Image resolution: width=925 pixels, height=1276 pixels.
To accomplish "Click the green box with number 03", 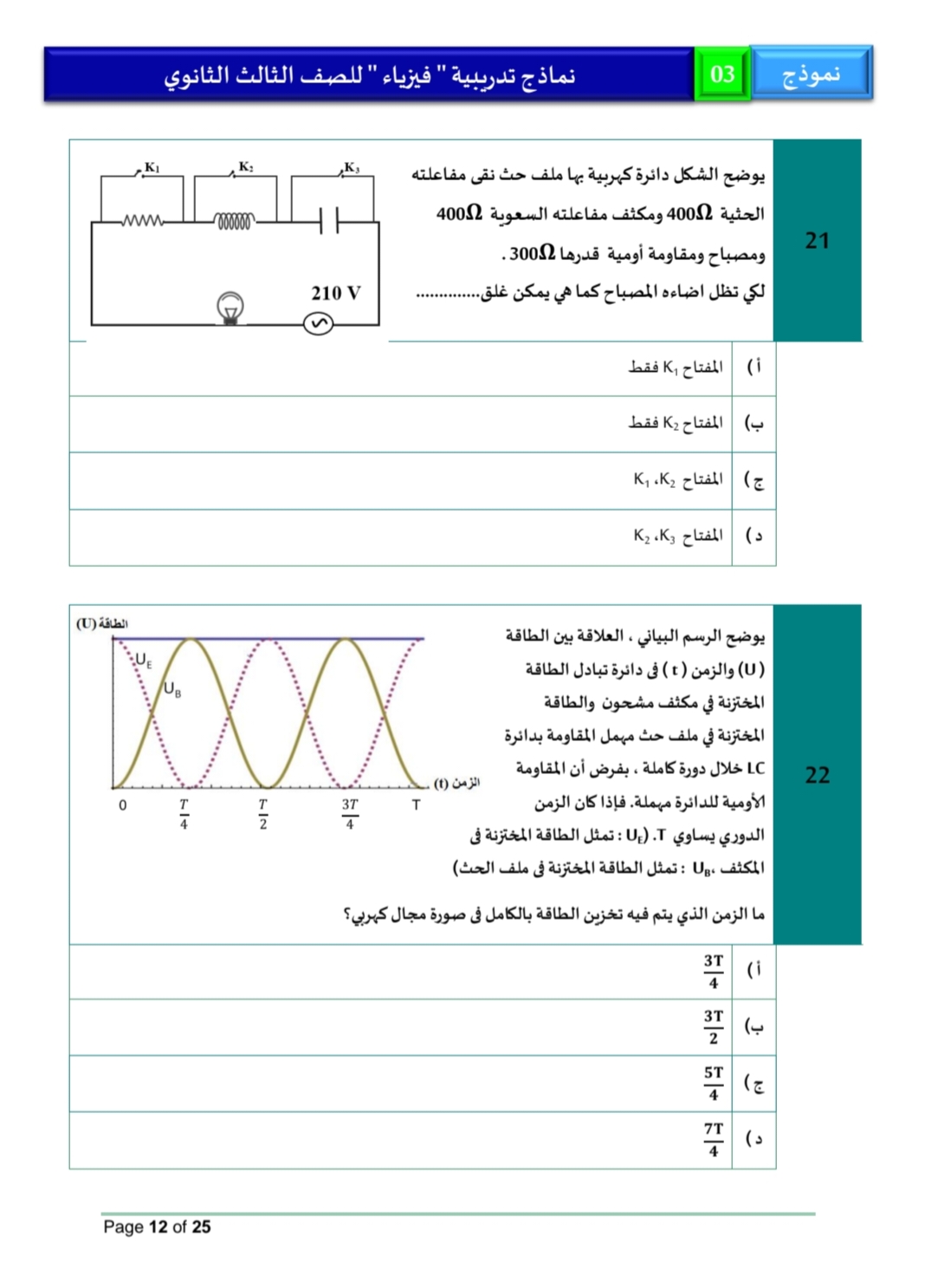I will coord(722,75).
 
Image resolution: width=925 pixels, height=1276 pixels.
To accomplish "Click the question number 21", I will coord(817,240).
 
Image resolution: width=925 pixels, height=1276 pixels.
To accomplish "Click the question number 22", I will coord(817,774).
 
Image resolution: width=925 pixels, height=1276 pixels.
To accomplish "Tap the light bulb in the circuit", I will coord(230,308).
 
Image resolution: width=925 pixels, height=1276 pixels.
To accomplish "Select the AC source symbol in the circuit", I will coord(318,324).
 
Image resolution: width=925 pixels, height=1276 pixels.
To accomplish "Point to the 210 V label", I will coord(335,293).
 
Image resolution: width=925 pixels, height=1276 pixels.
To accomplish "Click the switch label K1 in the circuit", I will coord(152,167).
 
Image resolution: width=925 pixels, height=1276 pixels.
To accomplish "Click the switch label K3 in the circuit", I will coord(352,167).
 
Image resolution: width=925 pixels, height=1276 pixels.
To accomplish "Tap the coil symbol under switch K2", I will coord(235,222).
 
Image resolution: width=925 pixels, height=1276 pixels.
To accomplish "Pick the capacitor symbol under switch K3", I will coord(329,221).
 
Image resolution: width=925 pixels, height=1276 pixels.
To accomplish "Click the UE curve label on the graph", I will coord(143,661).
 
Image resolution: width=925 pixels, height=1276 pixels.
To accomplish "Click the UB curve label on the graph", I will coord(172,689).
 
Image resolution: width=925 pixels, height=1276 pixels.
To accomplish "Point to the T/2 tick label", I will coord(263,813).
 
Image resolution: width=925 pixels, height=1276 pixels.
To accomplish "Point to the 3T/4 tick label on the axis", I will coord(349,813).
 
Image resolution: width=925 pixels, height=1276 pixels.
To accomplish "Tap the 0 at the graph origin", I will coord(123,805).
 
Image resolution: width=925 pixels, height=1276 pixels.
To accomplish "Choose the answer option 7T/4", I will coord(713,1139).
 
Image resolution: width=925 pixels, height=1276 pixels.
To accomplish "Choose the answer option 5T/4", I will coord(713,1083).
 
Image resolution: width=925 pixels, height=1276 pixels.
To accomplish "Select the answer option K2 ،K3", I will coord(677,536).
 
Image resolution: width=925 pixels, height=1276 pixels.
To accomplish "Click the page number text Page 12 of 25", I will coord(157,1227).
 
